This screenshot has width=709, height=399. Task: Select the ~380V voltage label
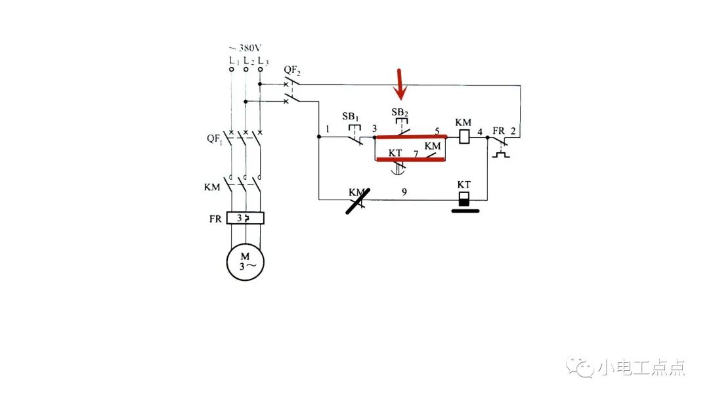pos(246,48)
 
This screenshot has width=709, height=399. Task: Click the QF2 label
pos(292,69)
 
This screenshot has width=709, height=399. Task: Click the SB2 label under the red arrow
pos(400,112)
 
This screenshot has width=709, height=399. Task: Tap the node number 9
pos(404,192)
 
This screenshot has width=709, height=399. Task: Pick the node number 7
pos(416,154)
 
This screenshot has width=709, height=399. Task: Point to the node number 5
pos(437,131)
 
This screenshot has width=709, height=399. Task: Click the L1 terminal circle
pos(231,69)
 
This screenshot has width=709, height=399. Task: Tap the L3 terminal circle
pos(260,69)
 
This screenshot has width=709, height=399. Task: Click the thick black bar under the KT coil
pos(464,211)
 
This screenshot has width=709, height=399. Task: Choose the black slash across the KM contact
pos(358,201)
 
